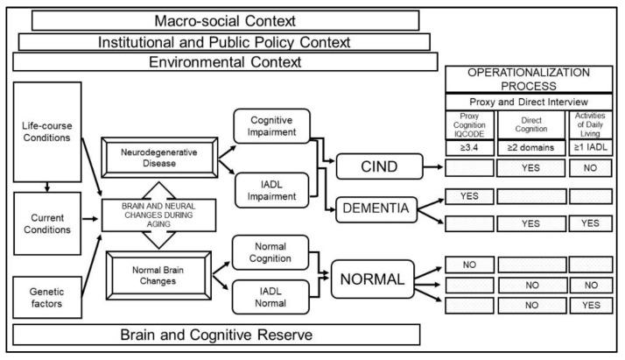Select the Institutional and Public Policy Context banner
coord(224,41)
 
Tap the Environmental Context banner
coord(225,62)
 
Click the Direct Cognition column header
coord(530,125)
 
